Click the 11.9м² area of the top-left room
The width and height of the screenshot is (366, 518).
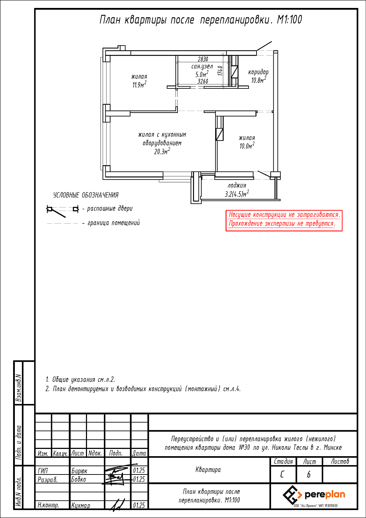(139, 85)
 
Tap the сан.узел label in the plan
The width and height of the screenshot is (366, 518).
(202, 66)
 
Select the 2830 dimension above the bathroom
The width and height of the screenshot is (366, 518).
(203, 59)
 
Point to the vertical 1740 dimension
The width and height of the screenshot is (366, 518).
(220, 71)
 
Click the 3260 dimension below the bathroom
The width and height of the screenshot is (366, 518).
(203, 81)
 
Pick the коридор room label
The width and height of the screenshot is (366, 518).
(258, 73)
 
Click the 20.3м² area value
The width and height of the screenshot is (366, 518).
(162, 151)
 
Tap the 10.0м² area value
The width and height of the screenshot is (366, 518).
(247, 146)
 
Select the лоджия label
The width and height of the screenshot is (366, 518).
(237, 186)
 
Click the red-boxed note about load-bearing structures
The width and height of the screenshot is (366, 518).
(284, 219)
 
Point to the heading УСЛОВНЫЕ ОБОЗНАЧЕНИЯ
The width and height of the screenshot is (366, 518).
(86, 195)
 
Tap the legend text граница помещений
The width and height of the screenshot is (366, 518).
(114, 223)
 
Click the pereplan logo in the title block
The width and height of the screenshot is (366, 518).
(314, 495)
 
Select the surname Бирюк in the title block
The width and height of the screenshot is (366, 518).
(79, 471)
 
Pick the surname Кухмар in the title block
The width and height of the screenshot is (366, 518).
(81, 506)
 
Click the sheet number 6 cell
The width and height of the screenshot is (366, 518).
(309, 475)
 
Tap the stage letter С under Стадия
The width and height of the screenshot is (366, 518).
(282, 475)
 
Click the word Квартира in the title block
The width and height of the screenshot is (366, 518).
(208, 470)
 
